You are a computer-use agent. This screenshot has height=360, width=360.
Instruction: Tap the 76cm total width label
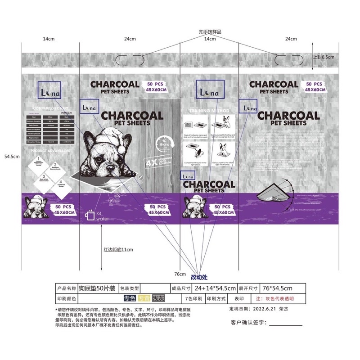[x=180, y=274]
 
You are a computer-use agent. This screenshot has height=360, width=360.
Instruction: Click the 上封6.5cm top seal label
[x=324, y=58]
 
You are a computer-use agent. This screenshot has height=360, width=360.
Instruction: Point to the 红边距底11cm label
[x=118, y=249]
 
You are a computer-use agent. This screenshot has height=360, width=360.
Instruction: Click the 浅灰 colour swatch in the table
[x=158, y=298]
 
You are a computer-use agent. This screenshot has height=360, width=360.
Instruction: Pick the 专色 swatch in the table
[x=130, y=298]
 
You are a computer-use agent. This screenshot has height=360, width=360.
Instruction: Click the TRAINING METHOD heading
[x=209, y=110]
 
